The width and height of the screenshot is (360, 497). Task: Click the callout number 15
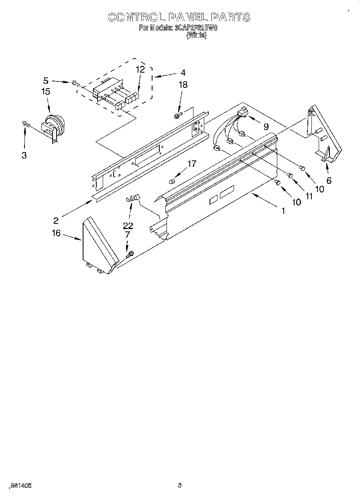tap(46, 91)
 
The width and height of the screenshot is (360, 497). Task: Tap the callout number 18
tap(183, 85)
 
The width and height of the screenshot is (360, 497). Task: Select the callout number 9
tap(266, 126)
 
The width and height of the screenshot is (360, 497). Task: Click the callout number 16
tap(56, 233)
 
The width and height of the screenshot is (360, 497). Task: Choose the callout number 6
tap(329, 180)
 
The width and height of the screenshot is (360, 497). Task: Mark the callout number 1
tap(283, 211)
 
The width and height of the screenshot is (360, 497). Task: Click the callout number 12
tap(140, 69)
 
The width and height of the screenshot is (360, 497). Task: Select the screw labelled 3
tap(26, 125)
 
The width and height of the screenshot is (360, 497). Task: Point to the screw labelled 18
tap(177, 116)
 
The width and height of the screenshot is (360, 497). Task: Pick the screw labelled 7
tap(130, 254)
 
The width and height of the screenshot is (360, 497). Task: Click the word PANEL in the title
tap(188, 17)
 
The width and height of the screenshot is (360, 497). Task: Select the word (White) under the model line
tap(197, 35)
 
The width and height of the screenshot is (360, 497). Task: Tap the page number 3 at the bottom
tap(180, 486)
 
